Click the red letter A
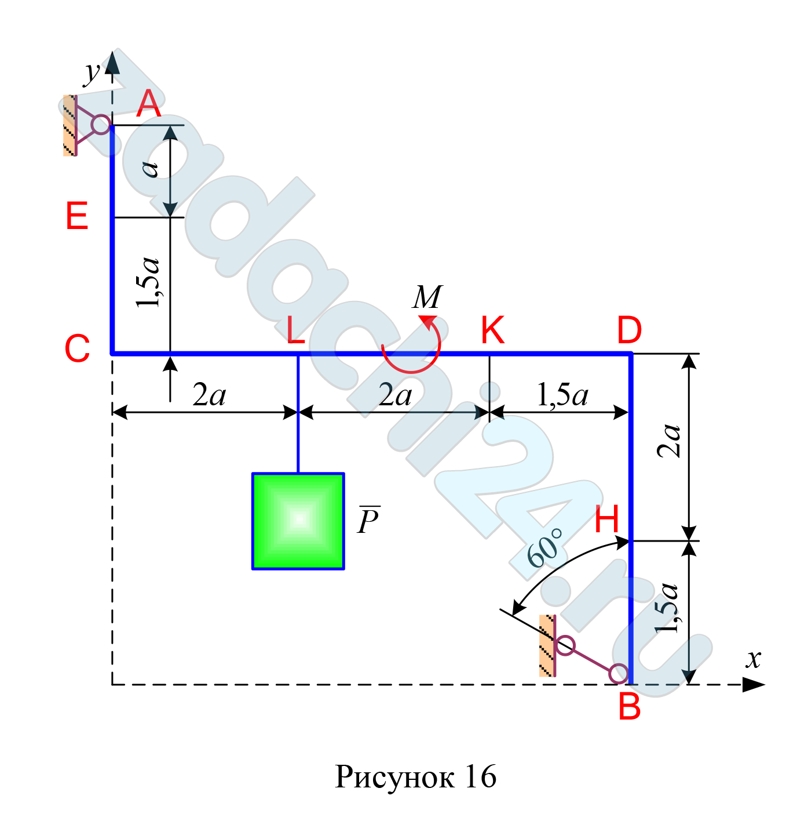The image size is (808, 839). click(148, 104)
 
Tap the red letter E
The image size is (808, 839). click(77, 216)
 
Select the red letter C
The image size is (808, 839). click(77, 349)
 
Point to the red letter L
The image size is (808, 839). click(296, 331)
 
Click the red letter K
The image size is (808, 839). click(492, 330)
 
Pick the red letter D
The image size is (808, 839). click(629, 331)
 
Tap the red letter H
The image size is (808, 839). click(608, 520)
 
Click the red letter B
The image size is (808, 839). click(630, 707)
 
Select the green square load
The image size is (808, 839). click(298, 521)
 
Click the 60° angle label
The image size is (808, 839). click(545, 548)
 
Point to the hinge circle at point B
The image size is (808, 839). click(619, 673)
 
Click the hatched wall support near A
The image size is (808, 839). click(69, 125)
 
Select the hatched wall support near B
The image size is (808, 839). click(546, 645)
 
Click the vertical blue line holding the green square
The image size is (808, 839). click(298, 415)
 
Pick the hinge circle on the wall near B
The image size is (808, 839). click(565, 645)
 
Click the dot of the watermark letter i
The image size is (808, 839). click(490, 392)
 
